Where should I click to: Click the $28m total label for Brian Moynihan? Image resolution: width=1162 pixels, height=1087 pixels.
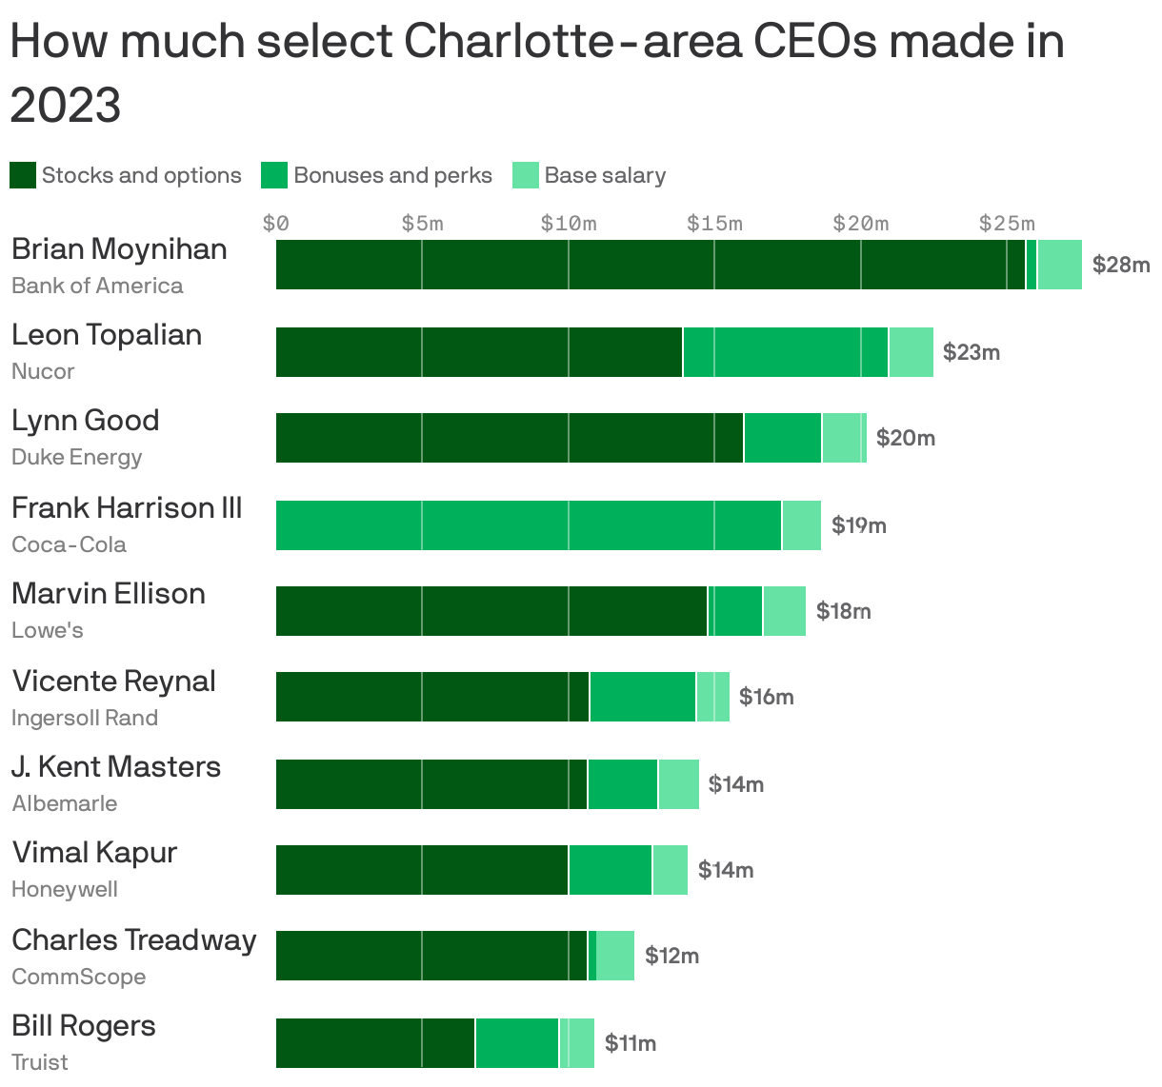tap(1120, 265)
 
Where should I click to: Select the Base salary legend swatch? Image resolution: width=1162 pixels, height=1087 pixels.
tap(526, 175)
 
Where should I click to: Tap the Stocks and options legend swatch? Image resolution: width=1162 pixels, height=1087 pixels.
tap(23, 175)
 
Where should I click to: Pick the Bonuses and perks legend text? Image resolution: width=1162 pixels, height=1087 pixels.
tap(392, 175)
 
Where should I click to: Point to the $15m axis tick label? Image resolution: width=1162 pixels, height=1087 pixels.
tap(713, 224)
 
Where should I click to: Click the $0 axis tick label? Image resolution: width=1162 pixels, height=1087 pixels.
tap(275, 224)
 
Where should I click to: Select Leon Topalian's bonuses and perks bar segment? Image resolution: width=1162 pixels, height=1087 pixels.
tap(785, 352)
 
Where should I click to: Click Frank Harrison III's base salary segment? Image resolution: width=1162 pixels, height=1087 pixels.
tap(801, 525)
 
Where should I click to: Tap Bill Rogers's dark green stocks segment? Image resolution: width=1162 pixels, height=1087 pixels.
tap(374, 1043)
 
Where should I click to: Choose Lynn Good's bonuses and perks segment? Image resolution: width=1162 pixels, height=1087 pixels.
tap(782, 438)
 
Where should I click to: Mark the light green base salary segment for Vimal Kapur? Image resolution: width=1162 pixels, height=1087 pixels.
tap(670, 870)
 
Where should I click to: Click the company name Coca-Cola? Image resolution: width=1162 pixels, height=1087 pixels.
tap(69, 544)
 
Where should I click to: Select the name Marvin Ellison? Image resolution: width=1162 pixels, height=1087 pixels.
tap(109, 594)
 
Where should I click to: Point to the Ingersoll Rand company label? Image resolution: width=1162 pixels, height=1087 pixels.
tap(85, 718)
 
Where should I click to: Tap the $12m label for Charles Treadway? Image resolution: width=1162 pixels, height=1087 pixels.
tap(671, 956)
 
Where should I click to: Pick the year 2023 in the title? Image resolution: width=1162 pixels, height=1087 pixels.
tap(66, 104)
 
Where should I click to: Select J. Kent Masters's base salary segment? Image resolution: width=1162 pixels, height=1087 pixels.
tap(678, 784)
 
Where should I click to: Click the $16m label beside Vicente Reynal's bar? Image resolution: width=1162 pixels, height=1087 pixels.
tap(766, 697)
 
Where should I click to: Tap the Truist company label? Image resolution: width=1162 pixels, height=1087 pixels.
tap(40, 1062)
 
